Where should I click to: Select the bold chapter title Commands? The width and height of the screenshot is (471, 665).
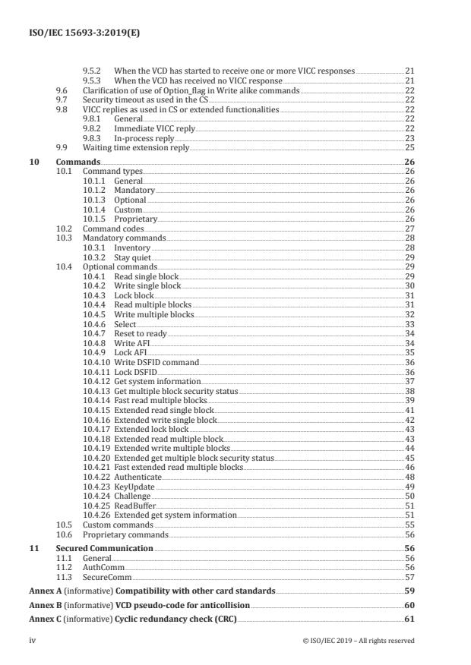[77, 162]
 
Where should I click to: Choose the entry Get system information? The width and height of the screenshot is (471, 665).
[157, 381]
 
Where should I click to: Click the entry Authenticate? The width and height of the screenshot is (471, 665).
[138, 477]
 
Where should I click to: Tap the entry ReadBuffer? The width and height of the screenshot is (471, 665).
[134, 506]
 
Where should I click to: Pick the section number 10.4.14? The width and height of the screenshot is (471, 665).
[96, 400]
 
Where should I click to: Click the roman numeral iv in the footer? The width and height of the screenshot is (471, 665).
[32, 640]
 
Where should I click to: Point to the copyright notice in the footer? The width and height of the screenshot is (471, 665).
[358, 640]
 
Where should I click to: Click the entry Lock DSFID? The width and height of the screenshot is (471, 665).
[136, 372]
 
